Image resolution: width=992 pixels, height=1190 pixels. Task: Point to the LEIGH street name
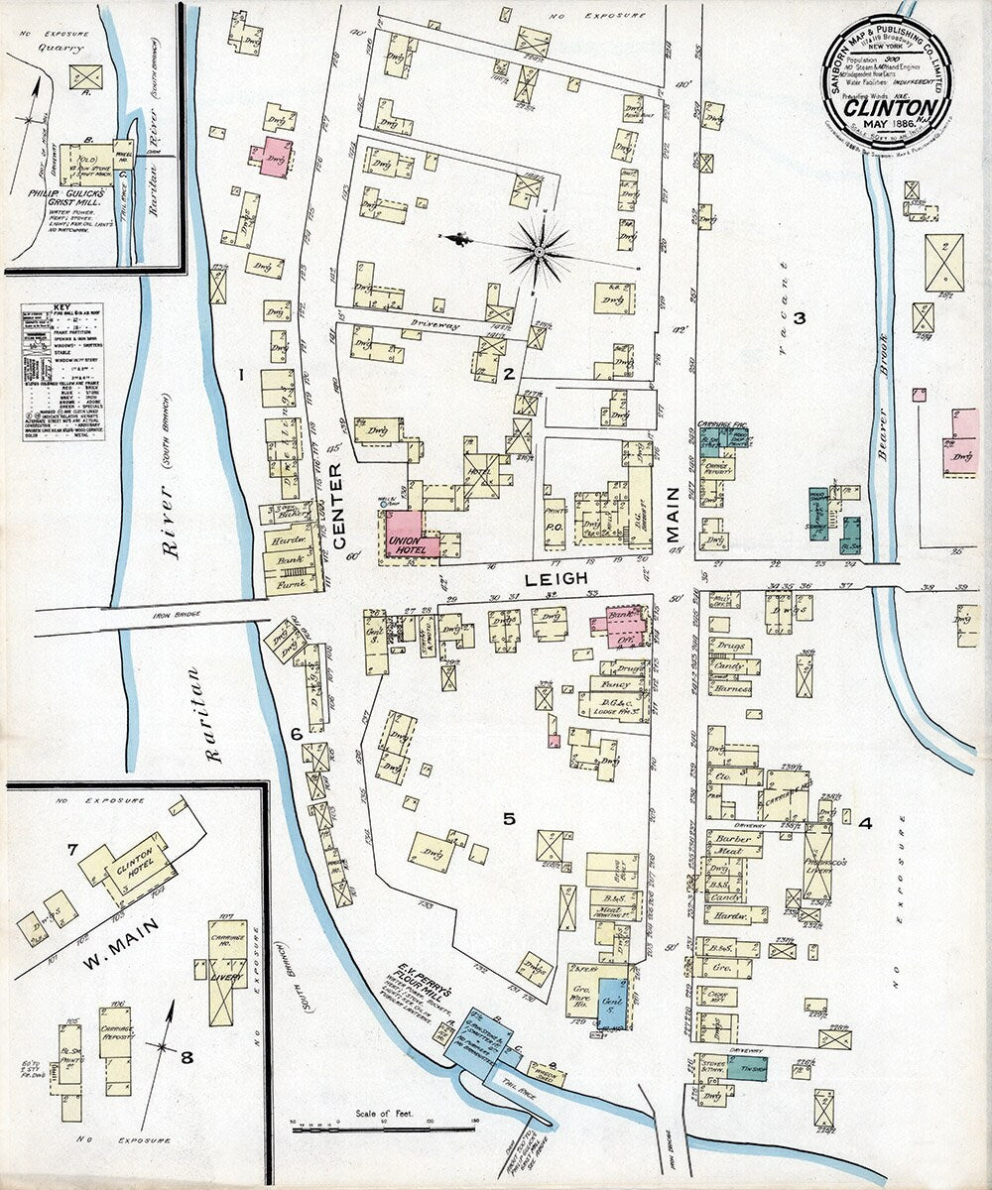pyautogui.click(x=564, y=577)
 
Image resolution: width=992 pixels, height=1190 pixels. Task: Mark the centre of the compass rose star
pyautogui.click(x=539, y=252)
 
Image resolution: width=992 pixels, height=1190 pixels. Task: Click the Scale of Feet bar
pyautogui.click(x=382, y=1129)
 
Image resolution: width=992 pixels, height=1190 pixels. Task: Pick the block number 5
pyautogui.click(x=509, y=818)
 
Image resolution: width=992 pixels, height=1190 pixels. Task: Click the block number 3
pyautogui.click(x=798, y=318)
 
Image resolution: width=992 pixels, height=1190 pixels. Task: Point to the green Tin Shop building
pyautogui.click(x=746, y=1067)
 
